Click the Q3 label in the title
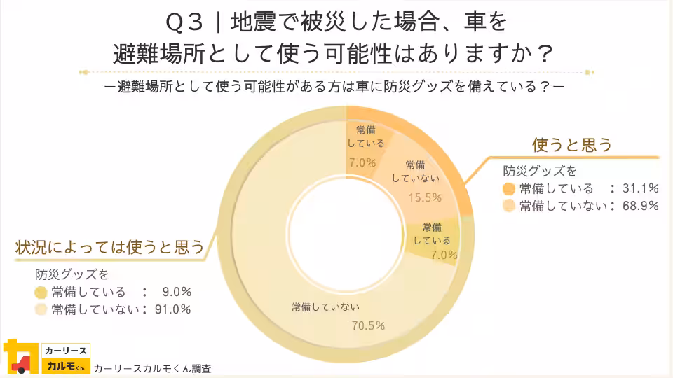[x=185, y=23]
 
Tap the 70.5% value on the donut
[x=368, y=325]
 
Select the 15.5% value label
[x=425, y=197]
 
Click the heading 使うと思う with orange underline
[x=572, y=145]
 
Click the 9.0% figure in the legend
[x=176, y=292]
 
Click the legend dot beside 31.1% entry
[x=510, y=188]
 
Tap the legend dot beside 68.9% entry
[x=510, y=206]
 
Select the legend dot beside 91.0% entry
[x=41, y=310]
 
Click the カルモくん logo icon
[x=20, y=357]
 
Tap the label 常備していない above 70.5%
[x=325, y=307]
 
